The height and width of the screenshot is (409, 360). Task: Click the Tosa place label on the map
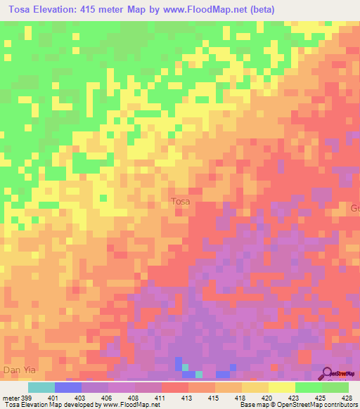(181, 202)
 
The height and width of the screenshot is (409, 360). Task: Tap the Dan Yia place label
(18, 368)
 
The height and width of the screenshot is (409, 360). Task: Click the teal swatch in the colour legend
(41, 387)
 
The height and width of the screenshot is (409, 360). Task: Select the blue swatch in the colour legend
(67, 387)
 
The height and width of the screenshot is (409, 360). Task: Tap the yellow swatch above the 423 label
(281, 387)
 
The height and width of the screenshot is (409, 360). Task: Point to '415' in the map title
(100, 9)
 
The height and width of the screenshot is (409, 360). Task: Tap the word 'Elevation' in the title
(60, 9)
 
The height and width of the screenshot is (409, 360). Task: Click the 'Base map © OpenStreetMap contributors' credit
(295, 405)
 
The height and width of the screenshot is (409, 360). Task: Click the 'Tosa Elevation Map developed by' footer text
(49, 405)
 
